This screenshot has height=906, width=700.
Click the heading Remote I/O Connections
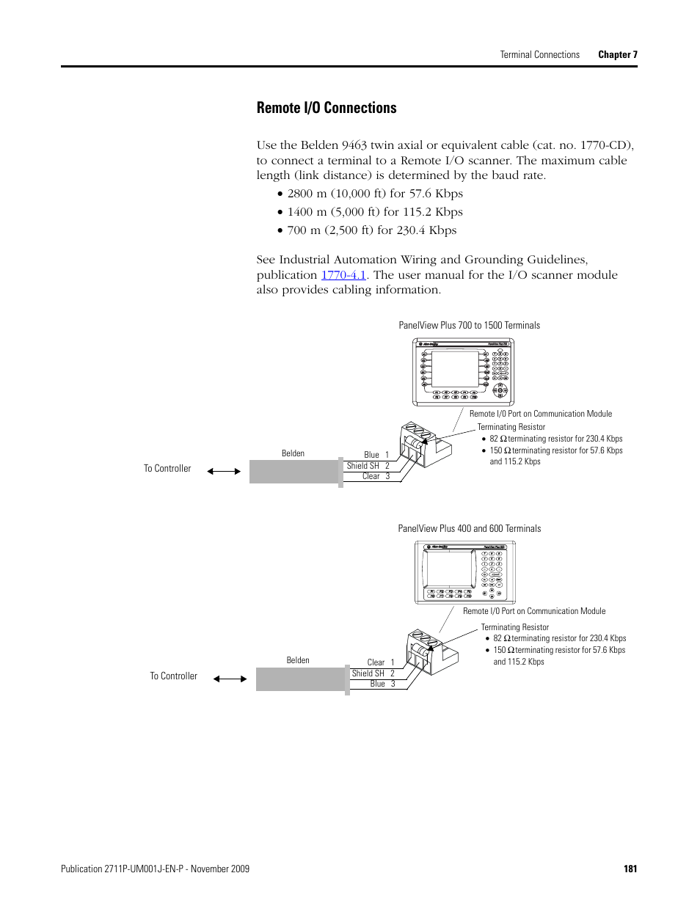coord(327,108)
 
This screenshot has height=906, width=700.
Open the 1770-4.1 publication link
coord(343,275)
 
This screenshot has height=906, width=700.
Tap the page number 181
coord(630,869)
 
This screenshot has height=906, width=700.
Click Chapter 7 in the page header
coord(618,54)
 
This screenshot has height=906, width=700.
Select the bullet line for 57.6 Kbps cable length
coord(375,194)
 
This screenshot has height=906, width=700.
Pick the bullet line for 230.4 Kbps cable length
coord(371,230)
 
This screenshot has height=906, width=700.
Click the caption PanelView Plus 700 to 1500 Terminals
coord(469,325)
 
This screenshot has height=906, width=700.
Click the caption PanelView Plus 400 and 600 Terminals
coord(469,528)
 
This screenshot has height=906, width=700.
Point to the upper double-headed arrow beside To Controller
coord(224,471)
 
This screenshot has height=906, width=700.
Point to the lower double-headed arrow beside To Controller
coord(230,679)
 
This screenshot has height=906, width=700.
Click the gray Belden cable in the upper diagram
coord(294,471)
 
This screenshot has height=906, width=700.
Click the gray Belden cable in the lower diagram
coord(300,679)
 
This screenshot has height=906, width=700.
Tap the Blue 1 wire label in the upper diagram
coord(376,455)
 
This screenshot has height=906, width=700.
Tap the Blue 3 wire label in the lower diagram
coord(382,684)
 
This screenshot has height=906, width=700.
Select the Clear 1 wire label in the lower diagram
coord(381,662)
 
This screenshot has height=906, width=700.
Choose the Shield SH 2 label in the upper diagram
coord(368,466)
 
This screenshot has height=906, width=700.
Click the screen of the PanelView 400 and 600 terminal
coord(450,569)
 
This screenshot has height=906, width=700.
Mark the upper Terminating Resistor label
coord(511,427)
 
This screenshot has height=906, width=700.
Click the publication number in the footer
coord(155,869)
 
